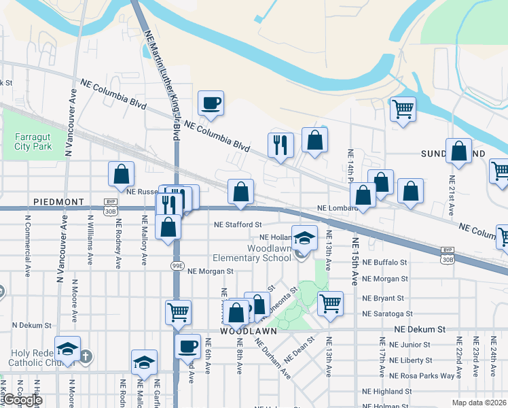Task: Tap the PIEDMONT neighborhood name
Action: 58,203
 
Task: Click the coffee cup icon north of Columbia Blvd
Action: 211,104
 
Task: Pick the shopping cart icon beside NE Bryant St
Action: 330,304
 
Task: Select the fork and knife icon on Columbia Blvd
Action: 281,145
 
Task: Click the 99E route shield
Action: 177,265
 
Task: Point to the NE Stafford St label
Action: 238,224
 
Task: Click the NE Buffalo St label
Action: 384,262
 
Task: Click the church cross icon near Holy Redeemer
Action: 85,355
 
